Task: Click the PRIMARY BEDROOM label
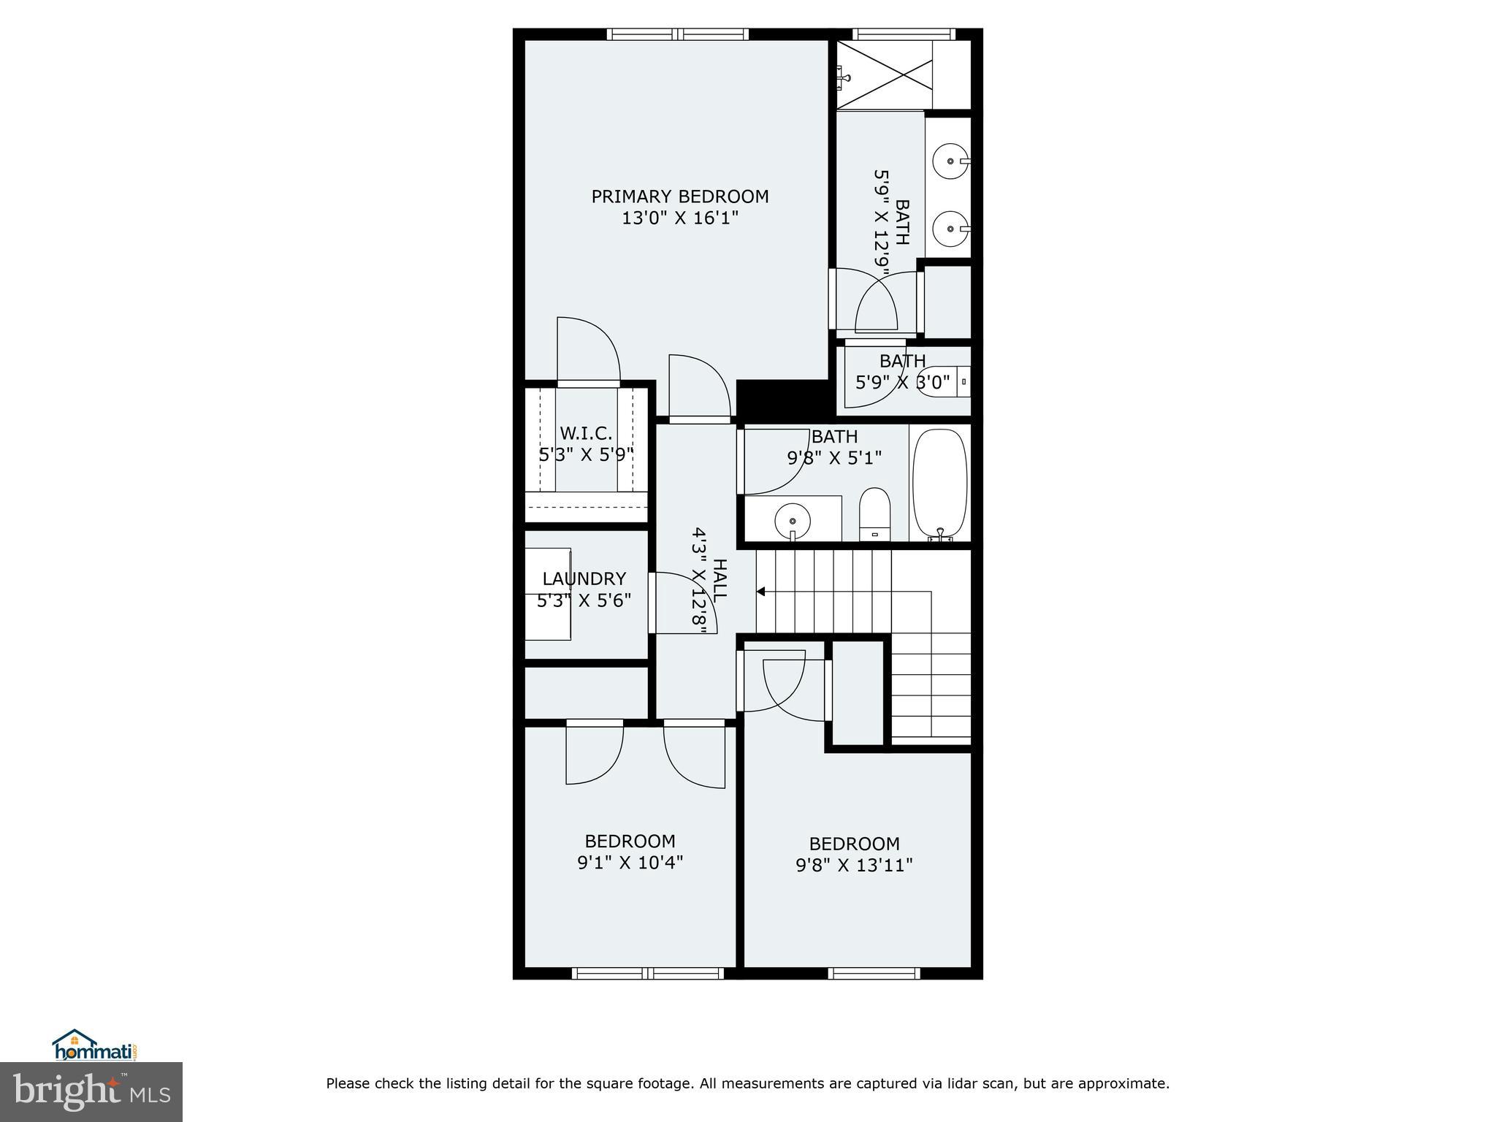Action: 679,196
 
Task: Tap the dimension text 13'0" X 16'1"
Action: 679,218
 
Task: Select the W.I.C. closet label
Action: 586,433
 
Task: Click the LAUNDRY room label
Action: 584,579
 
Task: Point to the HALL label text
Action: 719,579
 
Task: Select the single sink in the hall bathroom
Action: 792,521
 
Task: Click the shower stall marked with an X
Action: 884,75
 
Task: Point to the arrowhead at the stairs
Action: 760,592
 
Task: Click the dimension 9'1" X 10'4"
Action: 630,863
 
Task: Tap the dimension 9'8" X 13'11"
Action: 854,866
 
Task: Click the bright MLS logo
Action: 91,1091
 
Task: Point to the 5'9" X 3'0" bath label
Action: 902,381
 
